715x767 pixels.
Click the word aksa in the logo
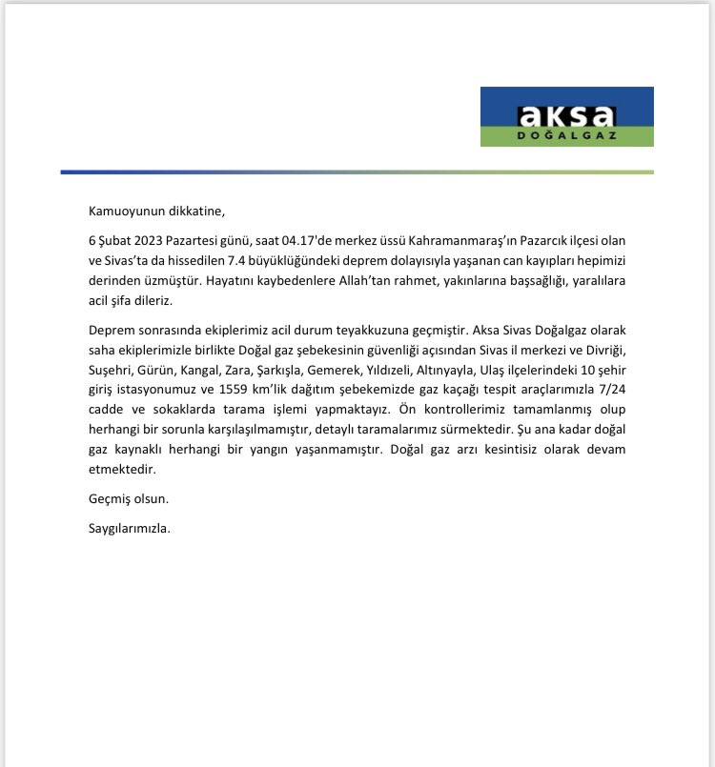pyautogui.click(x=566, y=115)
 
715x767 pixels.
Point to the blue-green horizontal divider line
pyautogui.click(x=357, y=172)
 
